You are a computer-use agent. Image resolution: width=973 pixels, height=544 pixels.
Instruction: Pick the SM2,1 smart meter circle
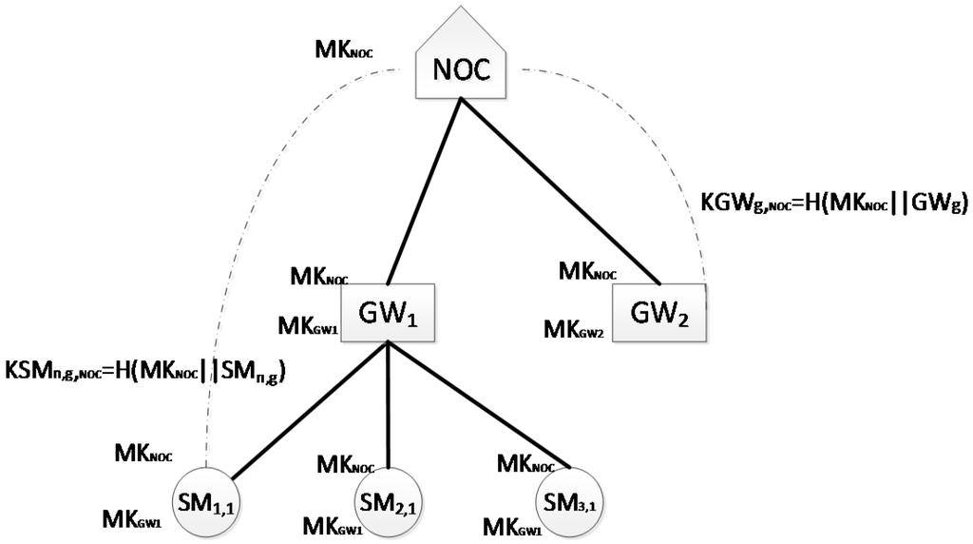(x=389, y=497)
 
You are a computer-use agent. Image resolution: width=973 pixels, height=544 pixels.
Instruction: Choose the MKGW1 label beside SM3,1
(x=513, y=525)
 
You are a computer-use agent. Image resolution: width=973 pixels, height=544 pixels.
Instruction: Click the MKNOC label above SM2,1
(x=348, y=465)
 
